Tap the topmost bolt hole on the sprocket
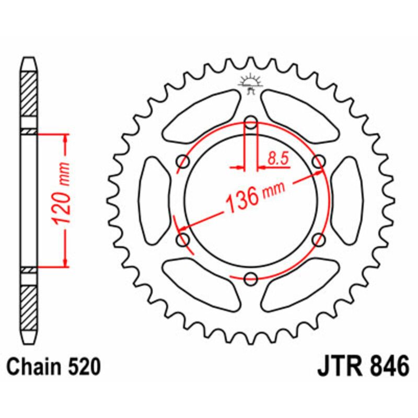coord(251,123)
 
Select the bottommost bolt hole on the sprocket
coord(251,278)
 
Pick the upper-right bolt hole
coord(318,162)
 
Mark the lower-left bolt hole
coord(183,240)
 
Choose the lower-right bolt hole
coord(318,240)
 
